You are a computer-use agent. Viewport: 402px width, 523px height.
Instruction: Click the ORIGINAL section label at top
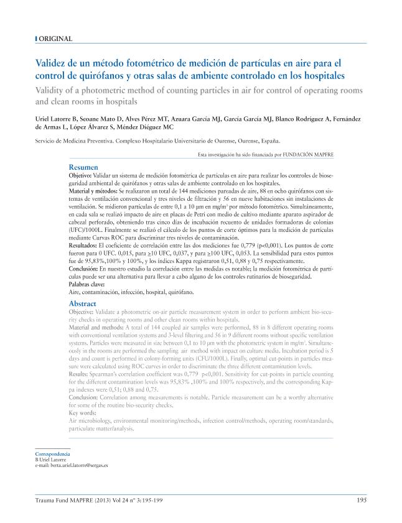(x=55, y=39)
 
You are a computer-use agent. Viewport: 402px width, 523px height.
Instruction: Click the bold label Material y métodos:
(x=92, y=192)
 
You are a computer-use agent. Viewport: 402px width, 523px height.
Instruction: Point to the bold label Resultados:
(x=83, y=246)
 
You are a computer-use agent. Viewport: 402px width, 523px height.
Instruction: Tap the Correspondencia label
(x=52, y=455)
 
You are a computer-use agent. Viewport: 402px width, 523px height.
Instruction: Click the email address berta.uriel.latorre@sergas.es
(x=72, y=465)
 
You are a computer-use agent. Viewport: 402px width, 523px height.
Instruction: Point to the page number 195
(x=361, y=499)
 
